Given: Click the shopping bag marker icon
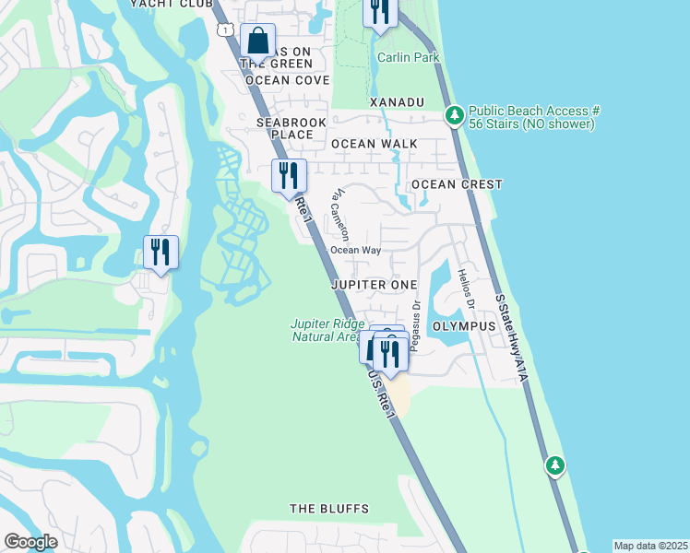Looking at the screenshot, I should (258, 41).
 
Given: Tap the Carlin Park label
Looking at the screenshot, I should (408, 57).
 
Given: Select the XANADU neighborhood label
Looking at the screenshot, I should (396, 101).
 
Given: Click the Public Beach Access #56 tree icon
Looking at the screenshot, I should (454, 116).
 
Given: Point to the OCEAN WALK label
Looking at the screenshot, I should (375, 144).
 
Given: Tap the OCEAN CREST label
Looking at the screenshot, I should (457, 184).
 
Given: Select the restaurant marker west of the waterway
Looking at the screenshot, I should (161, 252).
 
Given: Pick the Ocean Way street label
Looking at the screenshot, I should (356, 250).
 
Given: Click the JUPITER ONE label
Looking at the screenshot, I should (374, 285).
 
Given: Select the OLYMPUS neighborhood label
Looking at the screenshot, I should (465, 326).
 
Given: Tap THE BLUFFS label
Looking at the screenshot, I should (329, 509).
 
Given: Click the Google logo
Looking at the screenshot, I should (30, 542).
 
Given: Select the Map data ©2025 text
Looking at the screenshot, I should (650, 546).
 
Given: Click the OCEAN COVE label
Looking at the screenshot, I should (287, 80).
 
